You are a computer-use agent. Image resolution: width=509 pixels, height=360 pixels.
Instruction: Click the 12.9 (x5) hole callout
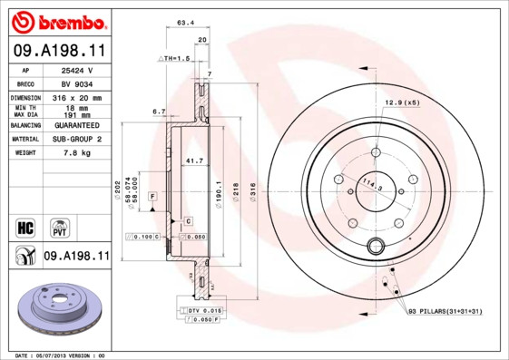pos(401,102)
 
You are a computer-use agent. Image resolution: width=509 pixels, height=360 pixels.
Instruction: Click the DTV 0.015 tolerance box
pos(202,310)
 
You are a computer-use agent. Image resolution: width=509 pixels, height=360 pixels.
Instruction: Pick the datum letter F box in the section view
pos(152,196)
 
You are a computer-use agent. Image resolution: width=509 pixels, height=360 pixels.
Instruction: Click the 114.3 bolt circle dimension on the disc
pos(369,185)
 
